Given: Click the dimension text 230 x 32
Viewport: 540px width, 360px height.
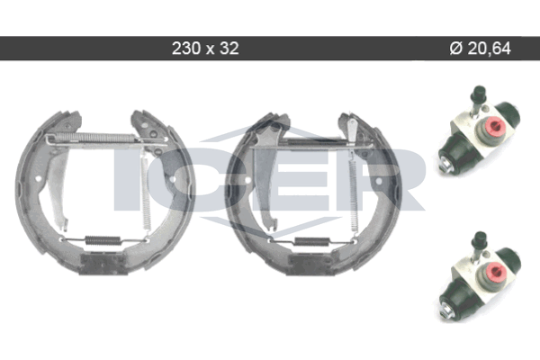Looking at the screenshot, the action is coord(205,49).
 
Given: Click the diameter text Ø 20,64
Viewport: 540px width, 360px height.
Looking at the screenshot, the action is coord(480,49).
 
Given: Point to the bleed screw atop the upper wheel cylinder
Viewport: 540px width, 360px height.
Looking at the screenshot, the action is coord(479,100).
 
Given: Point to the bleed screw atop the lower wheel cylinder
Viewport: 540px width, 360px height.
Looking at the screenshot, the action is coord(480,246).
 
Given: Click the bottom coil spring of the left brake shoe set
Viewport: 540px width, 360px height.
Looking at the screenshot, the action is coord(103,240).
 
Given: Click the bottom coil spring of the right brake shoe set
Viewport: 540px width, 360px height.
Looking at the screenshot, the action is coord(312,241).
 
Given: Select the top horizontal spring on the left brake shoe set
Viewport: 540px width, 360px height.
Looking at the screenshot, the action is coord(94,138).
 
